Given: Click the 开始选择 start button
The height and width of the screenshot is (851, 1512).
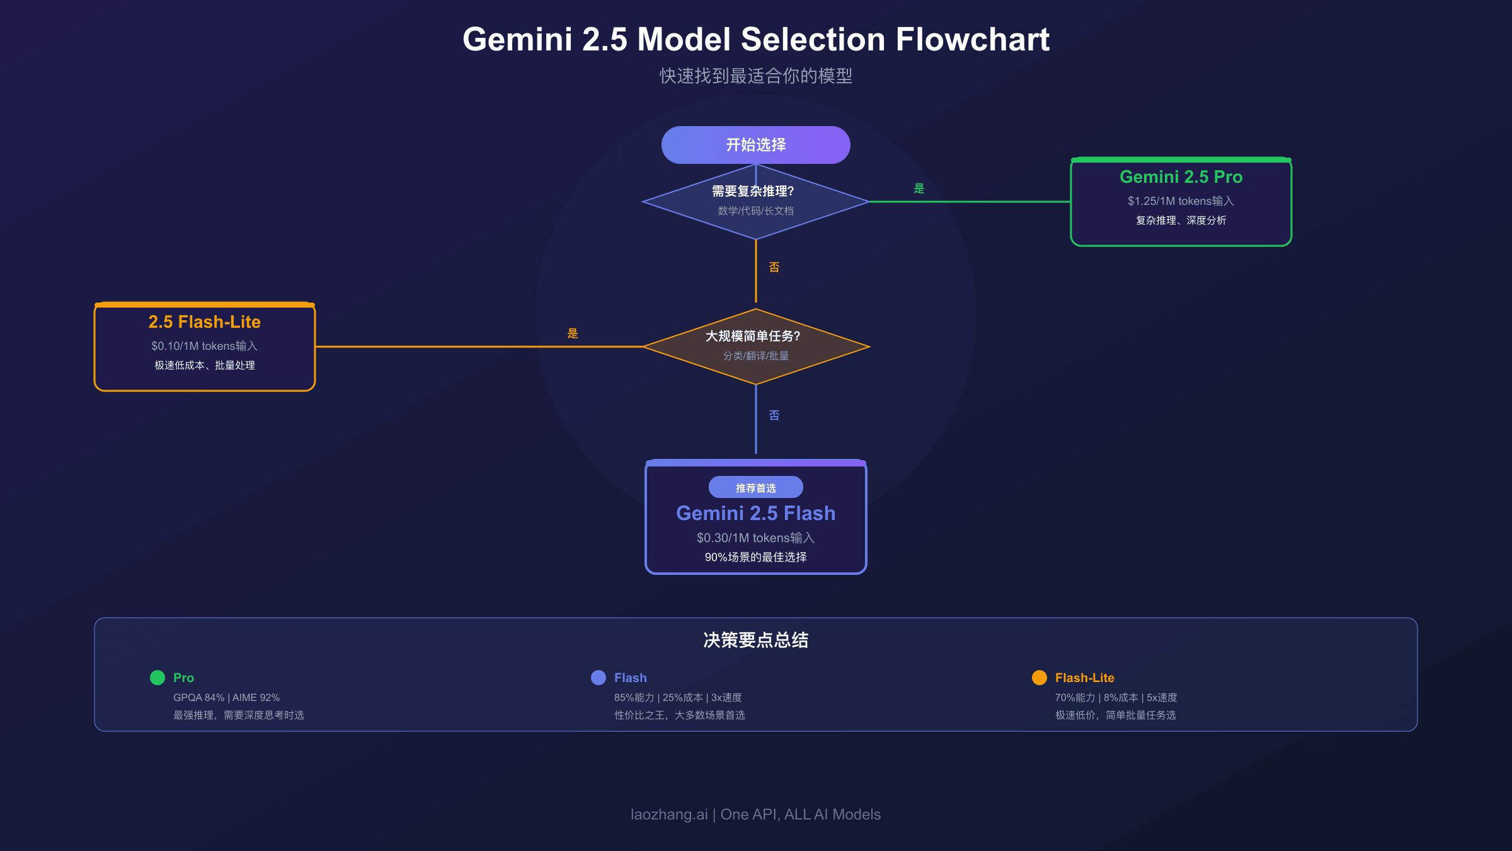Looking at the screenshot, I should point(755,145).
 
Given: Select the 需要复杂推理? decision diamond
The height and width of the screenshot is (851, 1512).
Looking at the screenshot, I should point(755,201).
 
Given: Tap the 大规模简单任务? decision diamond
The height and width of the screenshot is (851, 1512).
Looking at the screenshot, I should point(755,346).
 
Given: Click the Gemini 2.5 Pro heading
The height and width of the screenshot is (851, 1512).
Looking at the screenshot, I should point(1181,177).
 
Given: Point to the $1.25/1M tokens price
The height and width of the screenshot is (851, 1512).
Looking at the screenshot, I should point(1181,201).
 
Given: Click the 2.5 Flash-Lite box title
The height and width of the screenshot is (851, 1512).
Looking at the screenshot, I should point(204,322).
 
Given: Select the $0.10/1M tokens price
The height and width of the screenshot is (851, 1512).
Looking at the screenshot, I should point(204,346).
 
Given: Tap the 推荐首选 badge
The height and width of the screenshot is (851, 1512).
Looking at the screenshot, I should point(755,487).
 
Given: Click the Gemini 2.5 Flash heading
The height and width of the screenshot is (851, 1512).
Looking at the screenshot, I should point(755,513).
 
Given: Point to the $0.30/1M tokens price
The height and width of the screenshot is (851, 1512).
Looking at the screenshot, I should point(755,538).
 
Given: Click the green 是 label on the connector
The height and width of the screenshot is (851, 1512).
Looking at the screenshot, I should point(919,188).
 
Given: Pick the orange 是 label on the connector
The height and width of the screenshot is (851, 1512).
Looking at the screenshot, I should point(572,333).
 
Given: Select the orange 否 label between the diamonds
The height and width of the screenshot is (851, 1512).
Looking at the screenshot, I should point(774,267).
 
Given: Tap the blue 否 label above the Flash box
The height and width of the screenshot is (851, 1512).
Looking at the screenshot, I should point(774,415).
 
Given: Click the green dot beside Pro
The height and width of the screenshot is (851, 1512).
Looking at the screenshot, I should point(157,678).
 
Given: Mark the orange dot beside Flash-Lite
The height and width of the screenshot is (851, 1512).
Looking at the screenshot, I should point(1039,678).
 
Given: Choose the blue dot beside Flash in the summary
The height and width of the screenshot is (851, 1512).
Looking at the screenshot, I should point(598,678).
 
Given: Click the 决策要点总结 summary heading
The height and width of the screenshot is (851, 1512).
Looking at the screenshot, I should point(755,640).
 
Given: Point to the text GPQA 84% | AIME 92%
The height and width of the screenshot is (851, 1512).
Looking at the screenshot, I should point(226,698).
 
